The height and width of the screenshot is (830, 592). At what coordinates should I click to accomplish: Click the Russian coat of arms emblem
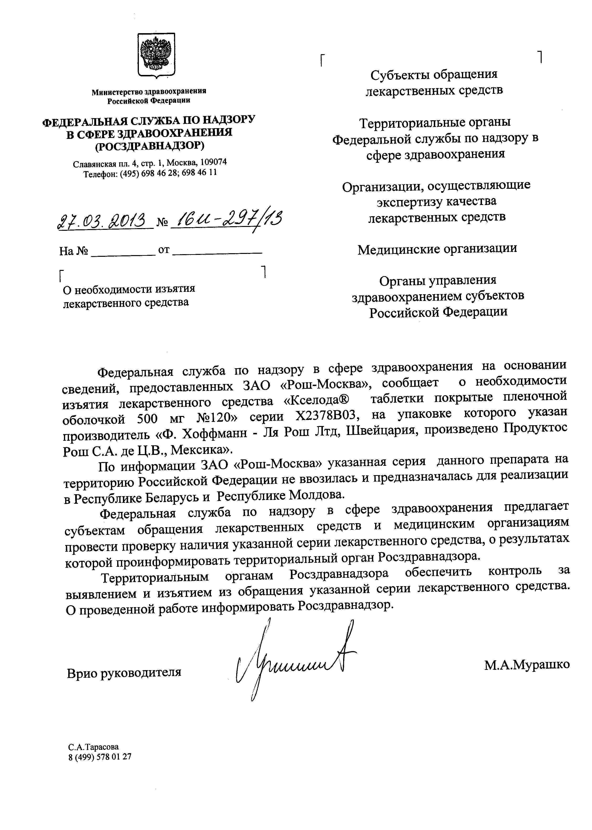coord(156,55)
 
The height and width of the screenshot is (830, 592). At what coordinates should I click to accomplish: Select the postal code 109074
coord(214,162)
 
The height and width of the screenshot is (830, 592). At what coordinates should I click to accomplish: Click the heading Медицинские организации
coord(437,249)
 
